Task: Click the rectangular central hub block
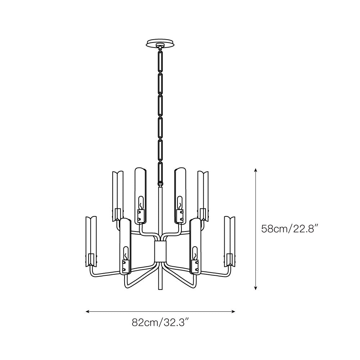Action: [x=160, y=251]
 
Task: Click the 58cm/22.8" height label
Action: [x=290, y=229]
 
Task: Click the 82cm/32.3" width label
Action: [x=160, y=322]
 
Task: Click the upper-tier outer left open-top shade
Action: [x=118, y=194]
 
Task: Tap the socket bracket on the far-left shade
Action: [x=91, y=258]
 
